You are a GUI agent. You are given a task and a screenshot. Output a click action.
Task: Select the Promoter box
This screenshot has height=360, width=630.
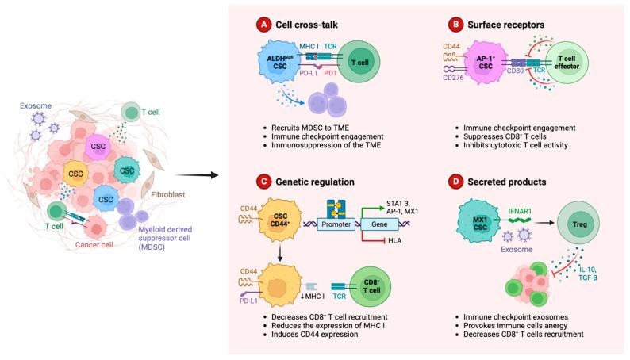[x=340, y=224]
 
